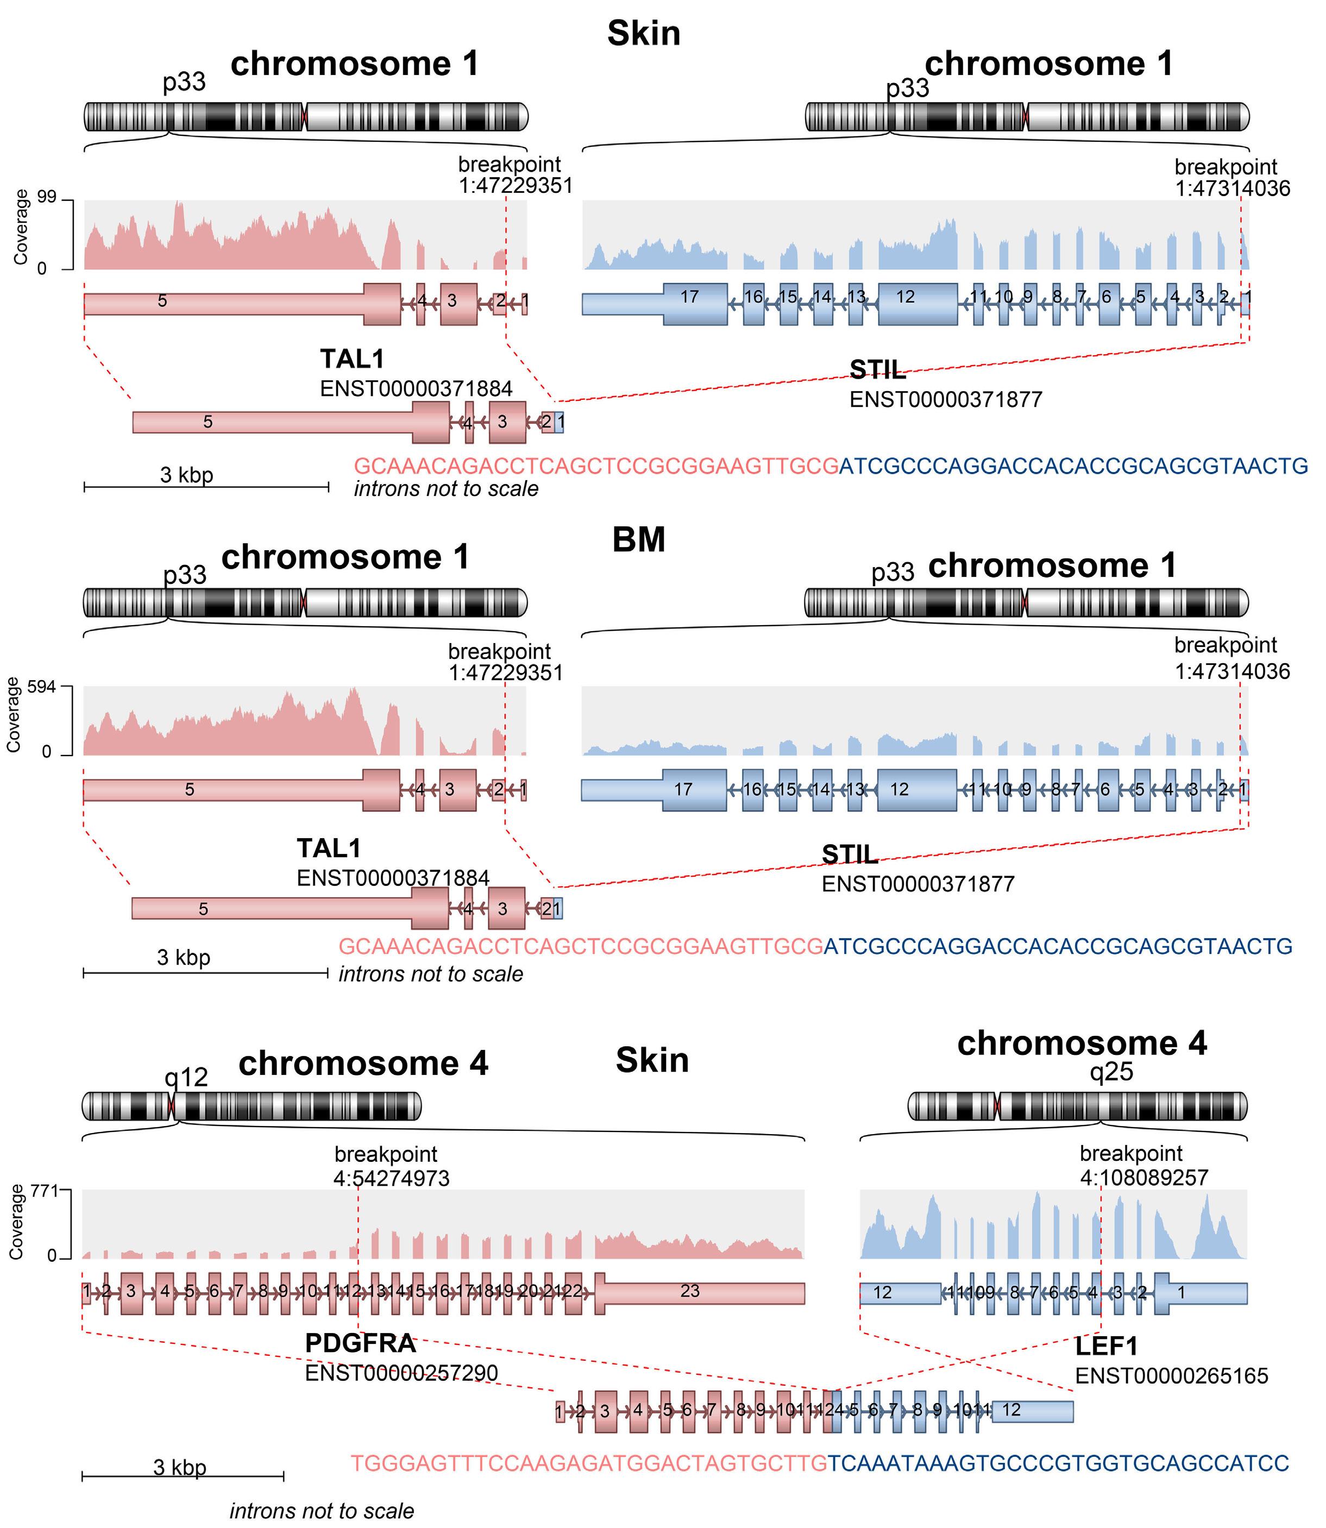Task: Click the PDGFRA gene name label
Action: point(360,1343)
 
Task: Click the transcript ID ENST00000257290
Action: point(401,1373)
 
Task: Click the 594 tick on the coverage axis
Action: point(41,687)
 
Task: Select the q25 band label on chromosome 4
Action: point(1111,1072)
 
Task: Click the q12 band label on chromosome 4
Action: point(186,1077)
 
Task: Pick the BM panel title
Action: point(639,539)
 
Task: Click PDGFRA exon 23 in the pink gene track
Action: point(690,1291)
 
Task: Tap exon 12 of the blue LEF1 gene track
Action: point(883,1293)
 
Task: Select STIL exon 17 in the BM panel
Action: point(683,789)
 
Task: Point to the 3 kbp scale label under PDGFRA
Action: point(180,1467)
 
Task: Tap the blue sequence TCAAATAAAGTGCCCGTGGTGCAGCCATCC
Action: point(1058,1463)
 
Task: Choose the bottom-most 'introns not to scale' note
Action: point(322,1510)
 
